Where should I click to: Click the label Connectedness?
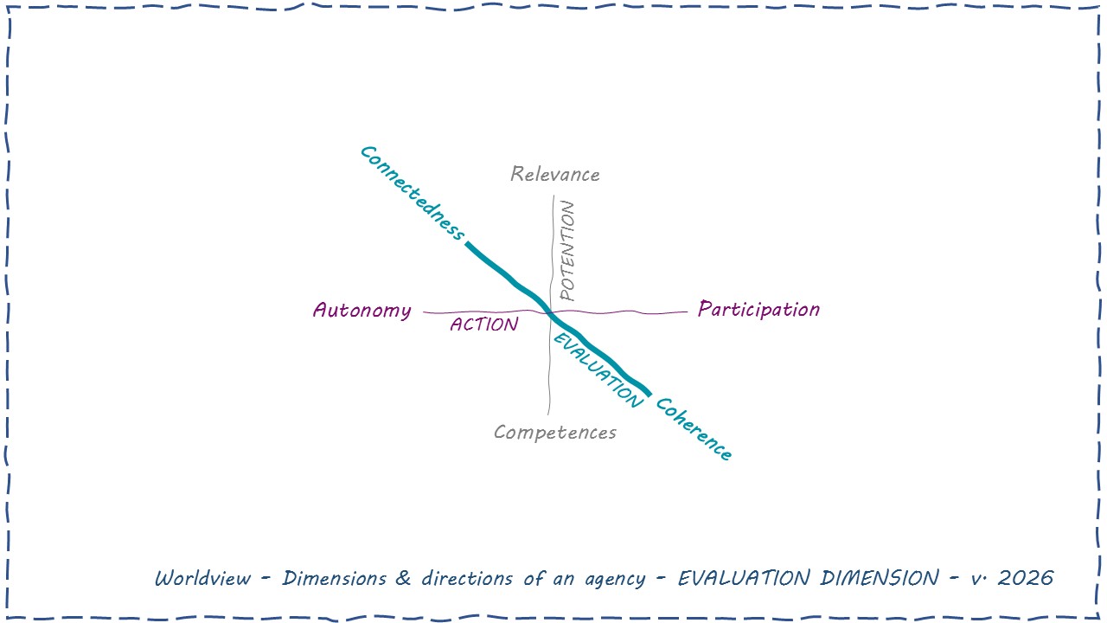coord(412,193)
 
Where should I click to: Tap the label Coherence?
coord(694,429)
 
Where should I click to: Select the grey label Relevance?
coord(554,174)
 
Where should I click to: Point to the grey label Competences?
coord(554,432)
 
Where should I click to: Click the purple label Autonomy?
coord(362,310)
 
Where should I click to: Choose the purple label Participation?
coord(758,309)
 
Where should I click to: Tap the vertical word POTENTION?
coord(567,250)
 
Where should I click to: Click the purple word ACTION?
coord(483,324)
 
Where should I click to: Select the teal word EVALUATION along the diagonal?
coord(598,370)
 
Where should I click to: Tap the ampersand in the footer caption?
coord(403,578)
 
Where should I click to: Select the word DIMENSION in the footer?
coord(880,578)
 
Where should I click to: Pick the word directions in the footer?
coord(468,578)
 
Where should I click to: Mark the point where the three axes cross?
coord(551,313)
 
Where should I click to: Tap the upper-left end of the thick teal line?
coord(468,245)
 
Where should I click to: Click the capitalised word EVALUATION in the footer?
coord(744,578)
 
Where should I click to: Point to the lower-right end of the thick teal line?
coord(649,395)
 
